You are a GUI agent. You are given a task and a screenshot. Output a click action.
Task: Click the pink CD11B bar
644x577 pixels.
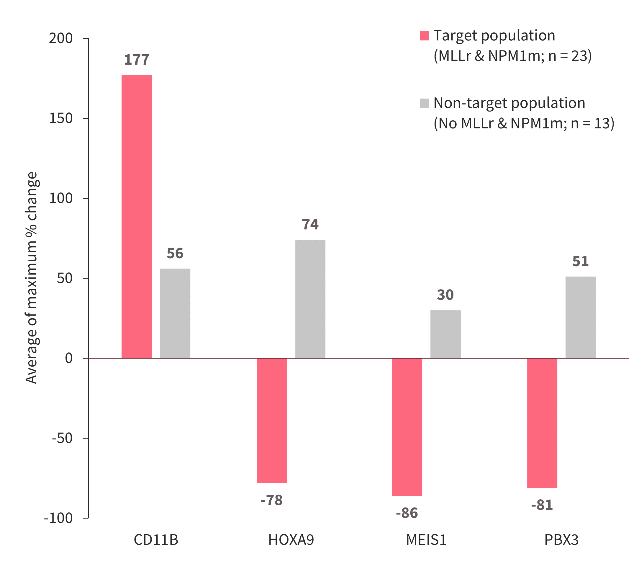(137, 216)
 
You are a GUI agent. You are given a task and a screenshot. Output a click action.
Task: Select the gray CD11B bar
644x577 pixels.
(175, 313)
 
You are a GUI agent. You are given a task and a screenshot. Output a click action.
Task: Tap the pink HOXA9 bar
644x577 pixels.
(272, 420)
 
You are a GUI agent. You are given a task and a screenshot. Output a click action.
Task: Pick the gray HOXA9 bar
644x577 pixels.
(310, 299)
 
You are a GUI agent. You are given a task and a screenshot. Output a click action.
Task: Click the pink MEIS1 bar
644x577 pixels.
(407, 427)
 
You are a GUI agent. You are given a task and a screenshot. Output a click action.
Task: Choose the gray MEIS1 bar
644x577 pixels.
(445, 334)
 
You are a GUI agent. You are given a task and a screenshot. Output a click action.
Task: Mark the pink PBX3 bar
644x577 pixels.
(542, 423)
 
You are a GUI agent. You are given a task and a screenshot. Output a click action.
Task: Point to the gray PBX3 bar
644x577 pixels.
(580, 317)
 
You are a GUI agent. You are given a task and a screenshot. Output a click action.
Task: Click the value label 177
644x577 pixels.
(137, 60)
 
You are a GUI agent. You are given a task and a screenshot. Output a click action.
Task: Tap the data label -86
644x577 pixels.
(407, 513)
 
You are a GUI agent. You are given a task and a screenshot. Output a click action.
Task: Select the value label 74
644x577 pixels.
(310, 225)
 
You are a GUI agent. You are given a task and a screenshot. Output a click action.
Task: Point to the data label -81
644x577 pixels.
(542, 505)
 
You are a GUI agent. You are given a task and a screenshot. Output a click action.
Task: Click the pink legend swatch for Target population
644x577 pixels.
(425, 36)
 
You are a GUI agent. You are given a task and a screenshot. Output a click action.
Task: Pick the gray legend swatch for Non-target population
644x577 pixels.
(425, 103)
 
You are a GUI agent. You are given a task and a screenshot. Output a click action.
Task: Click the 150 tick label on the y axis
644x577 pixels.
(61, 118)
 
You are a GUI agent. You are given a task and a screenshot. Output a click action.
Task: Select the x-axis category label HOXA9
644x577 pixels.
(291, 540)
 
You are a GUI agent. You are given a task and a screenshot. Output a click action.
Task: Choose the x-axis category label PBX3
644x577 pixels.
(561, 540)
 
